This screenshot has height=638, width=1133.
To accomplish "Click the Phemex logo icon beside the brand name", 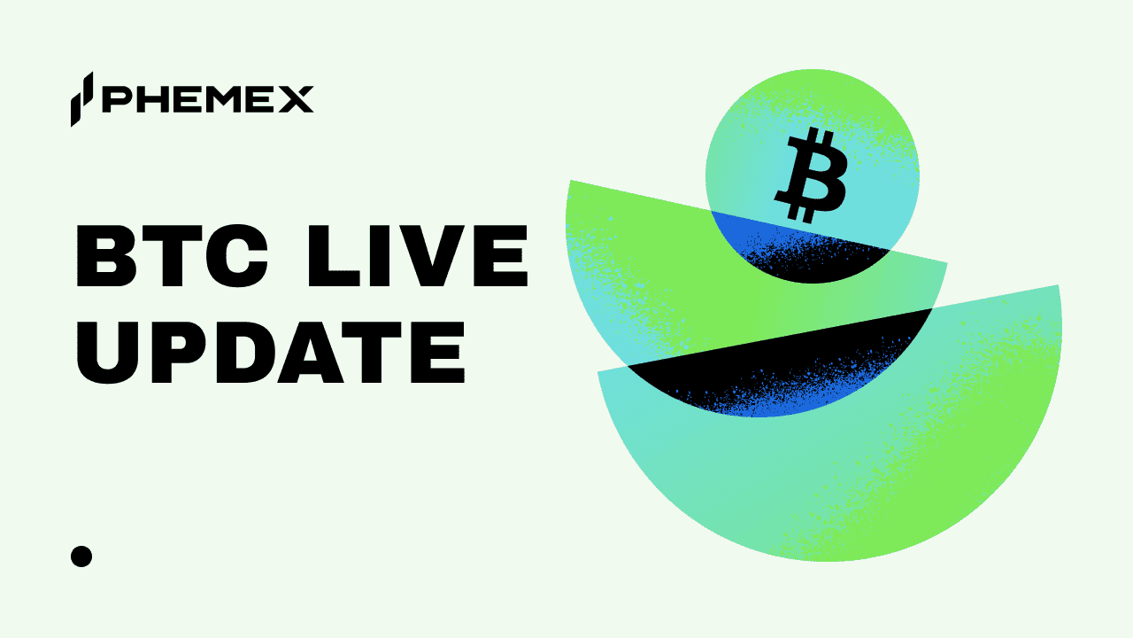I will pyautogui.click(x=81, y=98).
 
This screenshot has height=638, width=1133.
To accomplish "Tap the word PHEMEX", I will pyautogui.click(x=207, y=100).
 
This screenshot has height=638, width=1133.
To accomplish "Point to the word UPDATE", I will pyautogui.click(x=270, y=352).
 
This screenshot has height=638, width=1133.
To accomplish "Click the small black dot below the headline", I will pyautogui.click(x=81, y=556).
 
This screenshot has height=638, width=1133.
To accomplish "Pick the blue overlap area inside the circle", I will pyautogui.click(x=752, y=232).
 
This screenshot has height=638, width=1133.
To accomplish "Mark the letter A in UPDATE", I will pyautogui.click(x=306, y=352).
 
